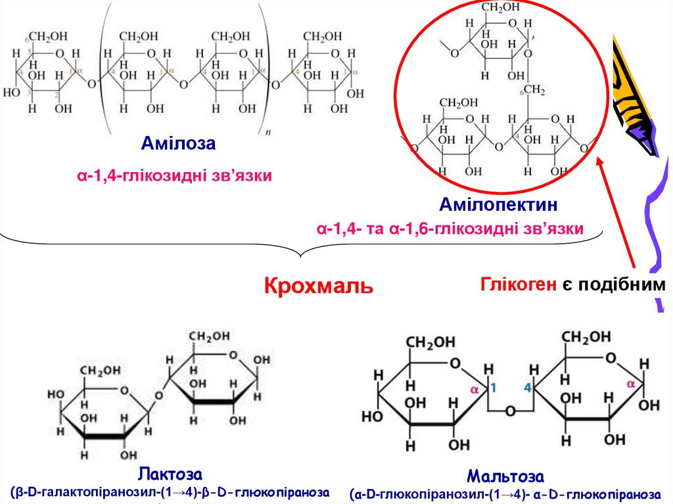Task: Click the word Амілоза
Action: click(x=177, y=143)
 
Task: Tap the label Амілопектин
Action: click(x=499, y=205)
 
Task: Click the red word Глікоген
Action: click(x=517, y=285)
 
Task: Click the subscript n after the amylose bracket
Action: click(x=267, y=132)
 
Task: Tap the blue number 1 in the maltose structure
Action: click(x=494, y=388)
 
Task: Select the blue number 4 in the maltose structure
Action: click(x=526, y=388)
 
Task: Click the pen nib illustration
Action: click(x=634, y=99)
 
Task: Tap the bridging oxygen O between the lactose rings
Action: click(x=157, y=396)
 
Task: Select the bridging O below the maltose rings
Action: click(x=510, y=411)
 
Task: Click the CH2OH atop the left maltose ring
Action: click(x=429, y=342)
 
